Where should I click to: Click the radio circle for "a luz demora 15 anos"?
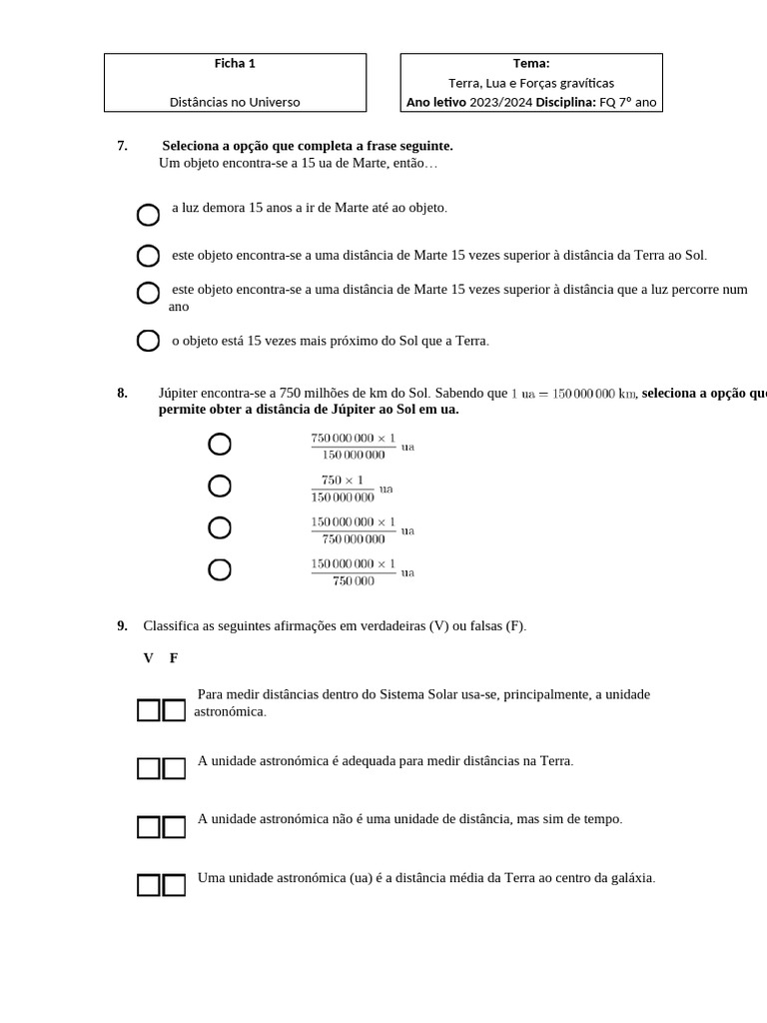pos(148,215)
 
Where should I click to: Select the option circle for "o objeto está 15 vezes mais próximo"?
pos(148,342)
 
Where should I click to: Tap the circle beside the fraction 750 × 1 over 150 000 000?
pos(220,487)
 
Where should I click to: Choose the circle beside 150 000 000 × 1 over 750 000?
pos(220,570)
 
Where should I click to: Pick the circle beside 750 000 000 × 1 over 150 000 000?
pos(220,445)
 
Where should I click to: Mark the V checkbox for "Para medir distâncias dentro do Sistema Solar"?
pos(149,710)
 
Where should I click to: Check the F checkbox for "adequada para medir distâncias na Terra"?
pos(174,768)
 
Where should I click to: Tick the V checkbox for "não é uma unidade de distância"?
pos(149,826)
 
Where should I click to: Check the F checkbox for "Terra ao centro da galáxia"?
pos(174,885)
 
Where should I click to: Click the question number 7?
pos(122,146)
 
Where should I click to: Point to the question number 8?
pos(122,393)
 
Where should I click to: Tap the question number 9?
pos(122,626)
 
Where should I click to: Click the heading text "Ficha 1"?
pos(235,63)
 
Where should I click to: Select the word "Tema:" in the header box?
pos(531,63)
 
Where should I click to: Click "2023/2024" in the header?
pos(501,102)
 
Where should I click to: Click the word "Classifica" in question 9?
pos(172,626)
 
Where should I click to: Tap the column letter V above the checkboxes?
pos(149,657)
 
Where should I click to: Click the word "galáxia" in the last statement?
pos(631,878)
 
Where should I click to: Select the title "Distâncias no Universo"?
pos(235,102)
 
